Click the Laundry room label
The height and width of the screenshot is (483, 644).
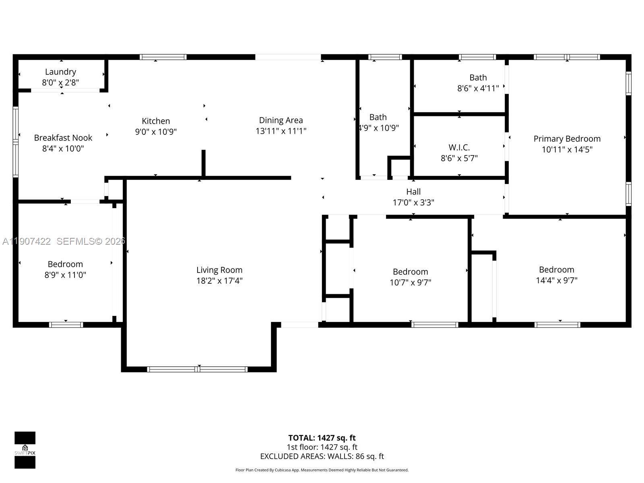[x=60, y=72]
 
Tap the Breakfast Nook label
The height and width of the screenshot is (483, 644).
[x=63, y=138]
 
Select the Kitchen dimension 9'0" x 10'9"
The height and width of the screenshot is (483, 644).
[x=156, y=132]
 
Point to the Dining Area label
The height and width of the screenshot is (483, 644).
[x=281, y=120]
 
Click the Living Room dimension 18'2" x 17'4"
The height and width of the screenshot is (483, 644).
[x=219, y=281]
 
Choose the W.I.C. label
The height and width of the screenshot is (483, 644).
[x=459, y=147]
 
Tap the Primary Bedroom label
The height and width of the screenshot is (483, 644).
[x=567, y=139]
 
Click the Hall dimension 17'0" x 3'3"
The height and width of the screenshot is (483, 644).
[x=413, y=202]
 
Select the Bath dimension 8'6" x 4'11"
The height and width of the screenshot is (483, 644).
[x=478, y=88]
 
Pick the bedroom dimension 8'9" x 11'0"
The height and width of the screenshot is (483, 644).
[x=65, y=275]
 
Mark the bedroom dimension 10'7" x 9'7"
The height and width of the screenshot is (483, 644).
[x=410, y=283]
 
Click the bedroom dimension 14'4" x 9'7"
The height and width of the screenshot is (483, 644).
[x=557, y=281]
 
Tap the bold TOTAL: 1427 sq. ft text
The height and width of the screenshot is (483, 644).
[x=322, y=438]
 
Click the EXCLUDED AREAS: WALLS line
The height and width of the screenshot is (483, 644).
[x=322, y=456]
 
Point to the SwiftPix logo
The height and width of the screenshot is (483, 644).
[x=25, y=450]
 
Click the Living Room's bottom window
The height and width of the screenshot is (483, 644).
[x=197, y=369]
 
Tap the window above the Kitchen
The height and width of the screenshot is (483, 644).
[x=163, y=57]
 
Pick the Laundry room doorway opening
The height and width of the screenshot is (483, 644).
[x=65, y=91]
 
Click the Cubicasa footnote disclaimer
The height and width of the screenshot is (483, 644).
[x=322, y=470]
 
